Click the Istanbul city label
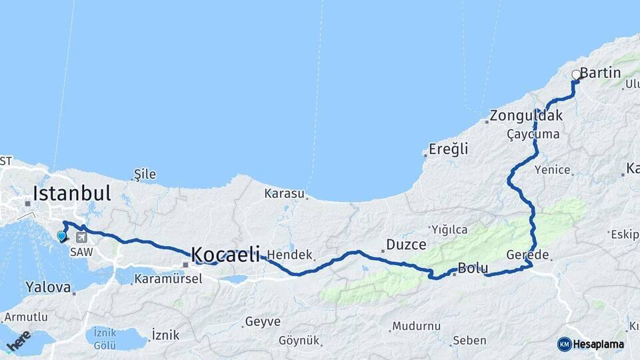click(x=71, y=194)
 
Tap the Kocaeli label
click(x=225, y=254)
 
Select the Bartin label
click(x=601, y=73)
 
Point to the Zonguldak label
click(x=526, y=115)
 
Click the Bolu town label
click(x=473, y=268)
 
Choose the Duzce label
click(x=406, y=245)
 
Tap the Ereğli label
click(x=448, y=149)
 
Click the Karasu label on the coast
click(x=285, y=194)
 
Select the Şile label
click(x=145, y=175)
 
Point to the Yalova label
click(x=48, y=287)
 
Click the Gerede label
click(x=527, y=255)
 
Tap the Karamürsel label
click(x=168, y=279)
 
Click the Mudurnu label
click(x=417, y=326)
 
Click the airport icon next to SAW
click(x=81, y=237)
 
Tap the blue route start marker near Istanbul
click(x=62, y=236)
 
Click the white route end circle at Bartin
click(x=577, y=75)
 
